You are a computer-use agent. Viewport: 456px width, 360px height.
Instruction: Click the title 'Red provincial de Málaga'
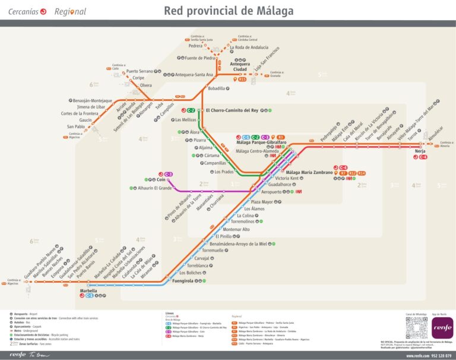(228, 11)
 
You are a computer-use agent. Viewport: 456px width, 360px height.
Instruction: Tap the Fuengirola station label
(182, 281)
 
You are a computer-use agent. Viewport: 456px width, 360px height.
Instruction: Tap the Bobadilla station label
(217, 89)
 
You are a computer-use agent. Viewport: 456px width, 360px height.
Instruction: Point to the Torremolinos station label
(242, 221)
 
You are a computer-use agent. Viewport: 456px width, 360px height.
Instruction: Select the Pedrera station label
(195, 46)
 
